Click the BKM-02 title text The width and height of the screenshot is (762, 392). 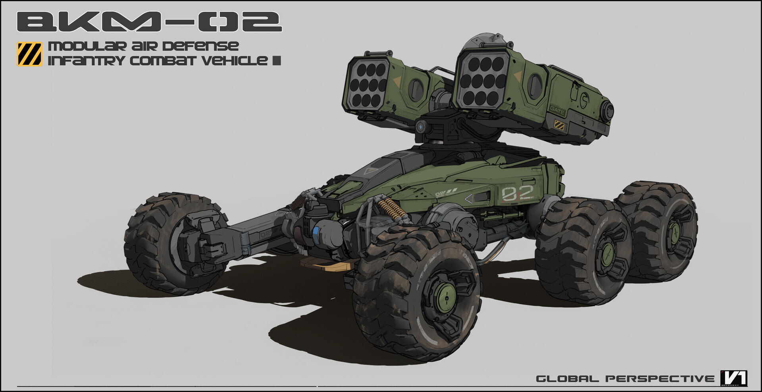(149, 22)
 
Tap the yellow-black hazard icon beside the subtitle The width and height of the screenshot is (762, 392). (29, 54)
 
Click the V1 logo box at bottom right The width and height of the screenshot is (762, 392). (734, 378)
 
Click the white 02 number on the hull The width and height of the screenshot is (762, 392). (517, 193)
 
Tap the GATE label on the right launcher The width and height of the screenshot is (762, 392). (557, 110)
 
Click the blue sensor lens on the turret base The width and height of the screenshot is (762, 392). (420, 127)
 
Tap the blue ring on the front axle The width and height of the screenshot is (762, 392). (316, 235)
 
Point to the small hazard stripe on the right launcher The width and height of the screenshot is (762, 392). (559, 126)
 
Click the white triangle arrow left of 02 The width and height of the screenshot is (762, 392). (469, 198)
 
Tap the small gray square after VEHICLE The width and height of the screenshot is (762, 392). (277, 61)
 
